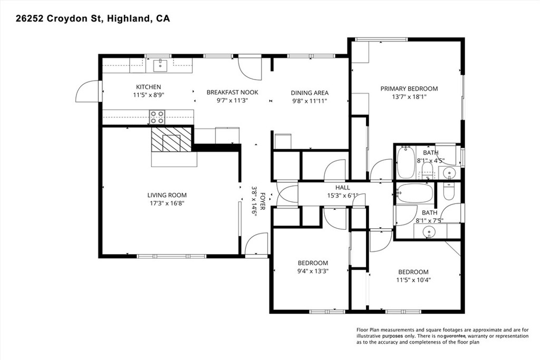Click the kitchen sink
coord(160,65)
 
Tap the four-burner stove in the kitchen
coord(157,117)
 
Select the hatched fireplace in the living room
coord(171,139)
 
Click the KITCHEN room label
coord(148,87)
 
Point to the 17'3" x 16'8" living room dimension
coord(167,203)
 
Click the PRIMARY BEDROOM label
coord(409,89)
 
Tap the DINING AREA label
coord(310,93)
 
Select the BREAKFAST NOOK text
coord(232,92)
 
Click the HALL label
coord(343,188)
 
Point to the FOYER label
coord(263,201)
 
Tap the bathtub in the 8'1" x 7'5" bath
coord(414,193)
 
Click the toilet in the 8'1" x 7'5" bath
coord(449,191)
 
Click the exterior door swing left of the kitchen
coord(87,91)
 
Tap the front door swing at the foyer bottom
coord(256,244)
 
